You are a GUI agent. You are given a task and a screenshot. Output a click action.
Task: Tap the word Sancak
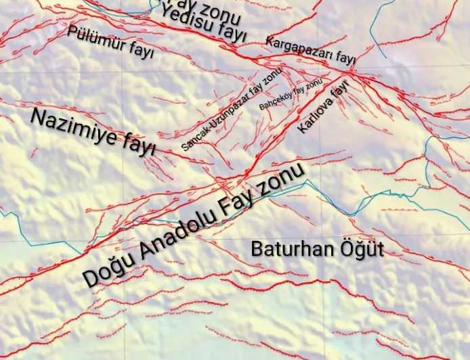(x=194, y=137)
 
